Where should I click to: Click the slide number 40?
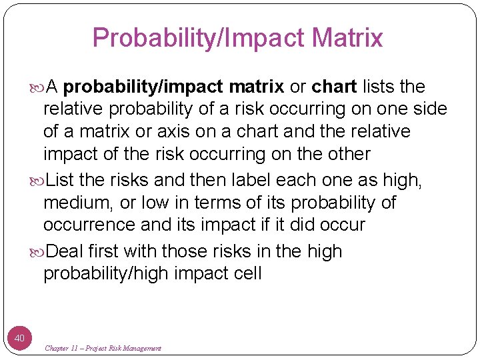pyautogui.click(x=19, y=339)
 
